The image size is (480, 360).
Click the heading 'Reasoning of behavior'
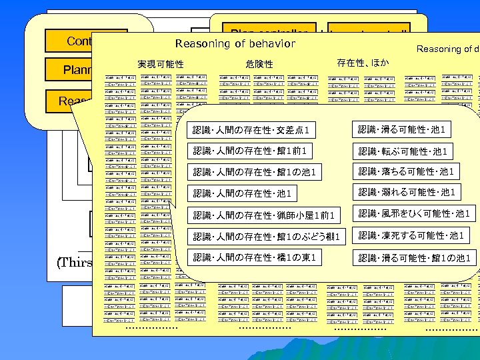click(x=235, y=44)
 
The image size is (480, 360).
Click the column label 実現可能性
click(x=161, y=64)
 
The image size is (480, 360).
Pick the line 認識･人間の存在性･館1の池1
click(x=255, y=173)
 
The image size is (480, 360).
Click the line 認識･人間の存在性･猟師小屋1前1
click(x=262, y=215)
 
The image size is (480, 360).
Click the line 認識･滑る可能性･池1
click(x=402, y=129)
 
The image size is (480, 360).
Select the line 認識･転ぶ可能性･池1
click(x=402, y=151)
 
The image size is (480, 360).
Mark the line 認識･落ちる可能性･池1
click(x=407, y=172)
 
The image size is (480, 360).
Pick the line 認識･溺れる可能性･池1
click(x=407, y=193)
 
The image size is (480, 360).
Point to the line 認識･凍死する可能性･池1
click(x=411, y=235)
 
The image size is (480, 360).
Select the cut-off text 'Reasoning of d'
click(x=447, y=49)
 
